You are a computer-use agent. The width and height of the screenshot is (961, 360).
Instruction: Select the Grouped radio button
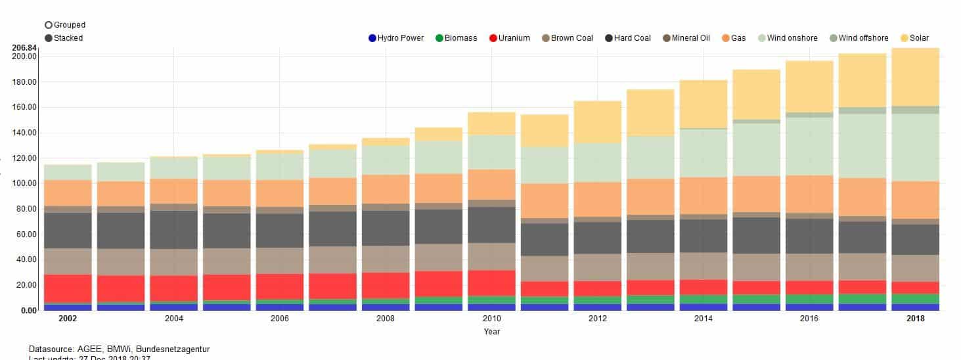(x=49, y=25)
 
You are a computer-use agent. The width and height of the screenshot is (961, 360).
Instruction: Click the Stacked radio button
(x=49, y=38)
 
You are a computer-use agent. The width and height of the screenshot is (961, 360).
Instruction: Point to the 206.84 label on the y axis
(x=24, y=48)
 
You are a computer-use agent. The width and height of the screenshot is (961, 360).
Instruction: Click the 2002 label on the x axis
(x=68, y=319)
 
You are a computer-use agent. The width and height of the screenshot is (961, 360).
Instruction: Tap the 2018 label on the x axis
(x=915, y=319)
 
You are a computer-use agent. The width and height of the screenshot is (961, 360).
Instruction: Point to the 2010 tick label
(x=491, y=319)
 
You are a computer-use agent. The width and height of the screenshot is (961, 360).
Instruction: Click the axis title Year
(x=491, y=332)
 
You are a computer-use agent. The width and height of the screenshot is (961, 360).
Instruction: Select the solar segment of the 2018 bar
(x=915, y=77)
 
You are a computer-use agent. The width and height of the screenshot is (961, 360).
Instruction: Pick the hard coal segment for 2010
(x=491, y=225)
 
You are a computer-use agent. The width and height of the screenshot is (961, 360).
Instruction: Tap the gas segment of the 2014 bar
(x=704, y=195)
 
